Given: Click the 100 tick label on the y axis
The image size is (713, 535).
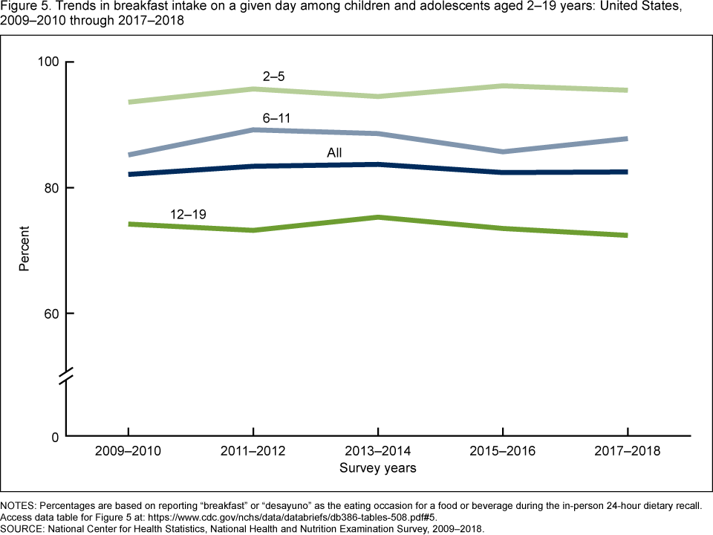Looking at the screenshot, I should [x=47, y=62].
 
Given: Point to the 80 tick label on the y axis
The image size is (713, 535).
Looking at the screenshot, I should [x=50, y=187].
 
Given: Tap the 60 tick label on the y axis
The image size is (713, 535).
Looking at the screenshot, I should [x=50, y=313].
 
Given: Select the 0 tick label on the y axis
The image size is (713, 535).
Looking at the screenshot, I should [x=53, y=436].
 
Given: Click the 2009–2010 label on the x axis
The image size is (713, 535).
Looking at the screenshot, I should [x=128, y=452].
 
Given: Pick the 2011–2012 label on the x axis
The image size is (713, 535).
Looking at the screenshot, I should [x=253, y=452].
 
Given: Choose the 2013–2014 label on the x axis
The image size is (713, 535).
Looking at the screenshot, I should [x=378, y=452].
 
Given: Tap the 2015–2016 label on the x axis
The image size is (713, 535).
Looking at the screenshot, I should [x=503, y=452].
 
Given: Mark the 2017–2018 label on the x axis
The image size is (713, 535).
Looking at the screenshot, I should [x=628, y=452].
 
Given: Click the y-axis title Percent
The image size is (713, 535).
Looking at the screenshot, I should [x=25, y=248].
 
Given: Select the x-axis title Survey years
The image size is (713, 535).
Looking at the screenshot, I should [x=378, y=468].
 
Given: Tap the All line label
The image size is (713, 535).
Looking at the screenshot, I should [x=334, y=153].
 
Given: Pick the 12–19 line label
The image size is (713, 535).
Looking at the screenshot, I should [x=188, y=214].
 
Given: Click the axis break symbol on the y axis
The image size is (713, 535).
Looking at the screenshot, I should [x=66, y=376].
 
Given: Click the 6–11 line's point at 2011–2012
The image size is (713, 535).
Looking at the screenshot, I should [x=253, y=130].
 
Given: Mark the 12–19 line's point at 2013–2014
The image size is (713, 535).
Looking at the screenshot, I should [x=378, y=217].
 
